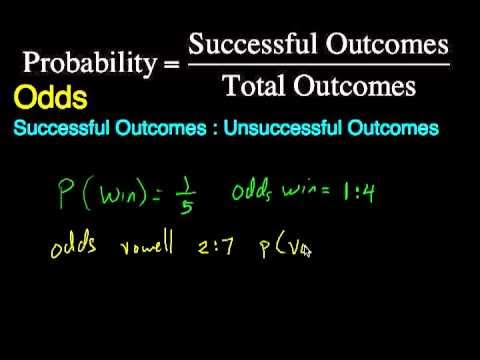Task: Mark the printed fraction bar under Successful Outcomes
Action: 318,67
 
